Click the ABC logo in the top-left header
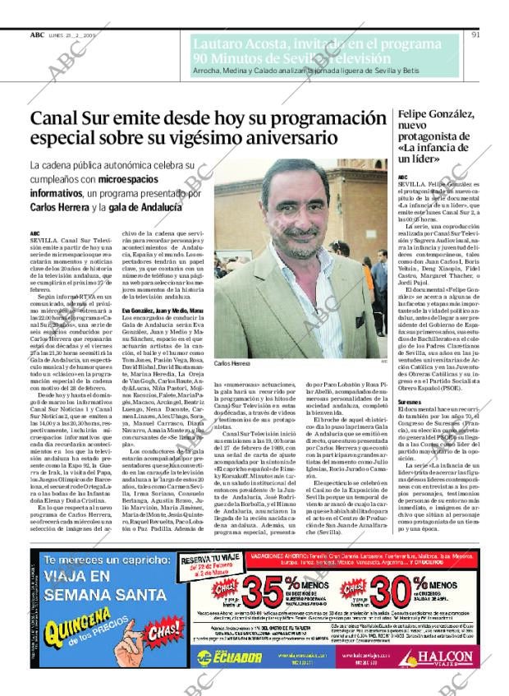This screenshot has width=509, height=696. tap(37, 35)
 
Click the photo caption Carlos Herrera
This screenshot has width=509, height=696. tap(232, 362)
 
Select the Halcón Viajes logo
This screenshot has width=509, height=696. tap(461, 655)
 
